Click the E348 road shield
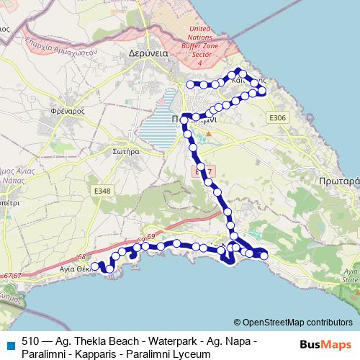tap(102, 190)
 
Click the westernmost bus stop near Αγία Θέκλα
tap(94, 266)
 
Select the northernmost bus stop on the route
tap(238, 71)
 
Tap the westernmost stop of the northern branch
tap(191, 84)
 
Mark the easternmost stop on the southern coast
tap(264, 254)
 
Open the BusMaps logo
tap(326, 344)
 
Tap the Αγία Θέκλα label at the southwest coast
tap(74, 267)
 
